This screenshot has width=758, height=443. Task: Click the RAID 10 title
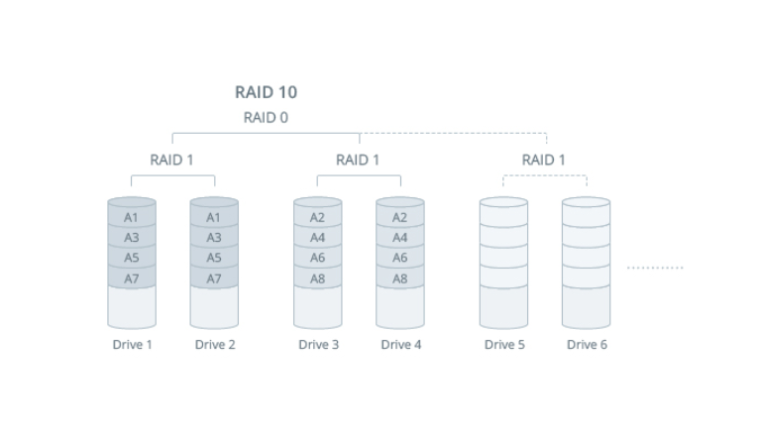point(266,92)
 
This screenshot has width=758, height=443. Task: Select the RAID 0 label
point(266,118)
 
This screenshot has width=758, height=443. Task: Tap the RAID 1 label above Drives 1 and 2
point(171,160)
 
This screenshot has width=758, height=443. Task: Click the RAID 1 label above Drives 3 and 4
point(358,160)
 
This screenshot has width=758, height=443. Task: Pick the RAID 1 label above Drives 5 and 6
point(544,160)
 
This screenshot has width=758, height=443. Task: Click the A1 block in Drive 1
point(132,217)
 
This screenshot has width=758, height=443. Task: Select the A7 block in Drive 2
point(214,278)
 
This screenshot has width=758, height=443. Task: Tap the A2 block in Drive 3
point(318,217)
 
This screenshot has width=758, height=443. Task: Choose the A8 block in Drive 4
point(400,278)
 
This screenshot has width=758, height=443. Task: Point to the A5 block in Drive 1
point(132,258)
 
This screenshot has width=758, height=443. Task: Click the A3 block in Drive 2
point(214,238)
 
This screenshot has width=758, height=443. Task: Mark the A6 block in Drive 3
point(318,258)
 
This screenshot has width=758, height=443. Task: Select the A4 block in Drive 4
point(400,238)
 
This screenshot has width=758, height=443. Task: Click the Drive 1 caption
point(133,344)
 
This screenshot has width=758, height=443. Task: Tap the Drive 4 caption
point(401,344)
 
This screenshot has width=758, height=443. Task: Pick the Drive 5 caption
point(504,344)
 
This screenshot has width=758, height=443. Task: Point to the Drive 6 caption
point(587,344)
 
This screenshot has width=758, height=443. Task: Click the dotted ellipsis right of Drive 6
point(655,268)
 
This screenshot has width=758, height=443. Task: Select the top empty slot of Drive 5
point(503,217)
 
